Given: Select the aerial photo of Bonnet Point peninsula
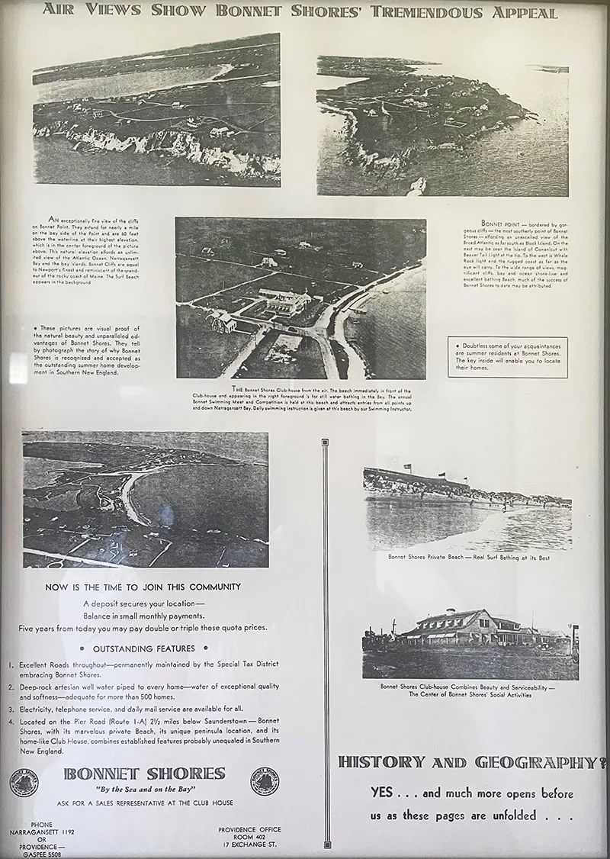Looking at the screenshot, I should [442, 124].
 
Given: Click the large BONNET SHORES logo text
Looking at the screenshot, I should [144, 774].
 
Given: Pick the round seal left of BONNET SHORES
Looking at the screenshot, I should [26, 782].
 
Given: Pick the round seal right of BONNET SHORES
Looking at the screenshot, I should [265, 781].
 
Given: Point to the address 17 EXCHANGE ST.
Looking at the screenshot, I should [249, 845].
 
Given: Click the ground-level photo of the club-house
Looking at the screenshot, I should [470, 642].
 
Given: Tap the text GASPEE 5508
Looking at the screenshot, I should [43, 854].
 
